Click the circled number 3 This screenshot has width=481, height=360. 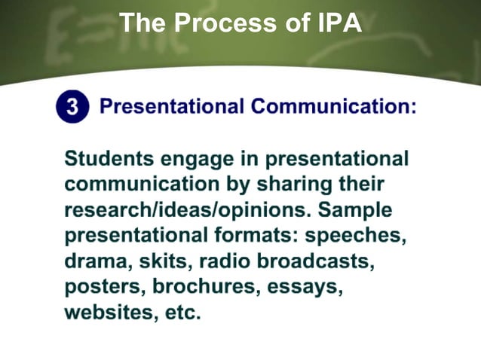71,108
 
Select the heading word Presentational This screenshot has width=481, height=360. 171,107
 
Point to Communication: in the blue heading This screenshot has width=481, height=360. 334,107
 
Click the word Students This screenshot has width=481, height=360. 110,160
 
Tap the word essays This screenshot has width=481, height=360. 305,287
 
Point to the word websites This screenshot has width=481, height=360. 109,313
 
